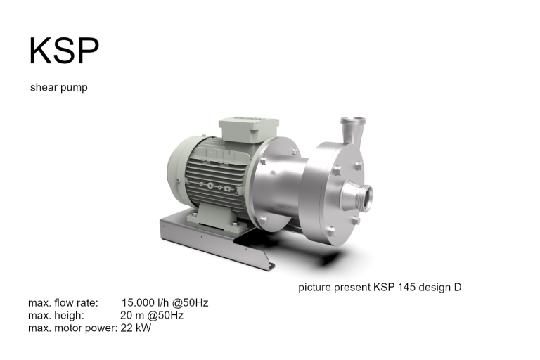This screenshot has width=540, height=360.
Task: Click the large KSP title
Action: [63, 50]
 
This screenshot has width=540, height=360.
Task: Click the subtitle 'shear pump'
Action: [58, 88]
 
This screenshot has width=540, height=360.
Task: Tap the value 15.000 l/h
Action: [149, 303]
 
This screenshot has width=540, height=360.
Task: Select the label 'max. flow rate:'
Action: [63, 303]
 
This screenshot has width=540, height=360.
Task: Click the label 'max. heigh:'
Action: [56, 316]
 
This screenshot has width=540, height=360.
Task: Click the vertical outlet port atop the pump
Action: [349, 130]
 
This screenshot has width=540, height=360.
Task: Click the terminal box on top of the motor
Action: [248, 131]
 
